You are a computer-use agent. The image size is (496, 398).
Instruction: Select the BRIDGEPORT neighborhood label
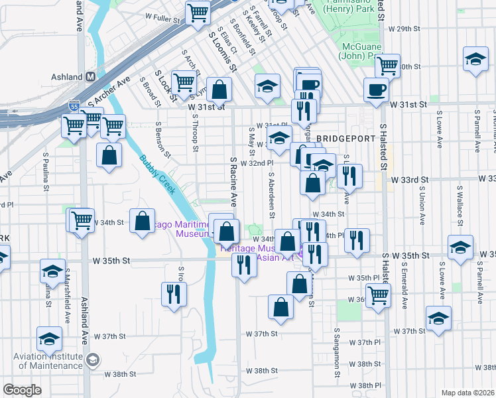tap(345, 139)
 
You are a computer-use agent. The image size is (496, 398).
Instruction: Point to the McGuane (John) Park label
tap(365, 51)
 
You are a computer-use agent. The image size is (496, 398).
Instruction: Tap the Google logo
tap(23, 390)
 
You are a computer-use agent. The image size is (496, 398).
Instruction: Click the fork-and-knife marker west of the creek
tap(174, 293)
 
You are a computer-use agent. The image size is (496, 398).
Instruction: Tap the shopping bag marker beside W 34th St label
tap(142, 222)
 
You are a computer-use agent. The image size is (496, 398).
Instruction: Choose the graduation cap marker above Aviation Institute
tap(49, 339)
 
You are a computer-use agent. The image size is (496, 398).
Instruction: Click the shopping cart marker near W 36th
tap(378, 295)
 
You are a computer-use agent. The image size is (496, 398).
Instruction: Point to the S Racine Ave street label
tap(233, 181)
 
